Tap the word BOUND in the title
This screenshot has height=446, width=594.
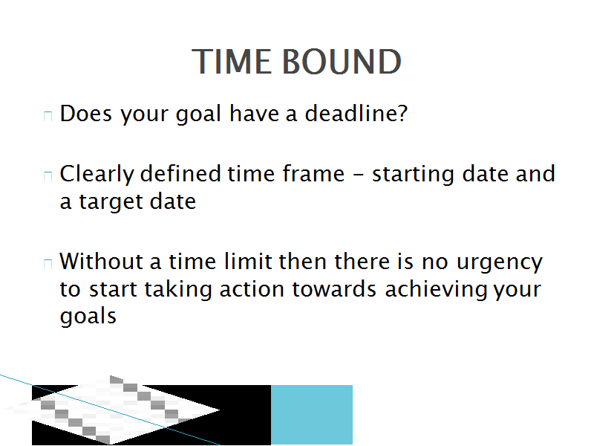342,62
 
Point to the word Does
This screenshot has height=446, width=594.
86,113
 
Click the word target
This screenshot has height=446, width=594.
111,202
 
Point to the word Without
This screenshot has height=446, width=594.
101,262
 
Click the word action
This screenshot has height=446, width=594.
252,289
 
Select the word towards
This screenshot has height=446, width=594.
334,289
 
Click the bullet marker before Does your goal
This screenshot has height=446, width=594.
48,117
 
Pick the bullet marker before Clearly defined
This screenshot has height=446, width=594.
48,176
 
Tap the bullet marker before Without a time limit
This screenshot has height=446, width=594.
48,264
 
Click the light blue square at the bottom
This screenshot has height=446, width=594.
312,415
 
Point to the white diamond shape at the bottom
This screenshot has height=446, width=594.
111,410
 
